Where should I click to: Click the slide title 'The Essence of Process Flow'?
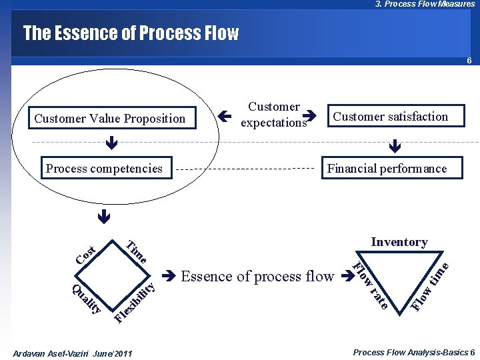pyautogui.click(x=131, y=33)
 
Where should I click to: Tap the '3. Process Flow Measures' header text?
pyautogui.click(x=425, y=4)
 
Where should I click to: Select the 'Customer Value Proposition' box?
pyautogui.click(x=110, y=119)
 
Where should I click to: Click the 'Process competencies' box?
pyautogui.click(x=104, y=169)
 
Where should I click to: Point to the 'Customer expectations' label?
pyautogui.click(x=273, y=115)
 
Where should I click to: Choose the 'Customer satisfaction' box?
pyautogui.click(x=390, y=117)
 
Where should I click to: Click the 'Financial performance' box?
pyautogui.click(x=387, y=169)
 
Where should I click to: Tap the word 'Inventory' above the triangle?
pyautogui.click(x=399, y=241)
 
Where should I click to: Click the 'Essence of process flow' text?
pyautogui.click(x=257, y=276)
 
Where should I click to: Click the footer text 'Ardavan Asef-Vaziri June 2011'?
pyautogui.click(x=73, y=353)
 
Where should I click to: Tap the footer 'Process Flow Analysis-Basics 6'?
pyautogui.click(x=413, y=352)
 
